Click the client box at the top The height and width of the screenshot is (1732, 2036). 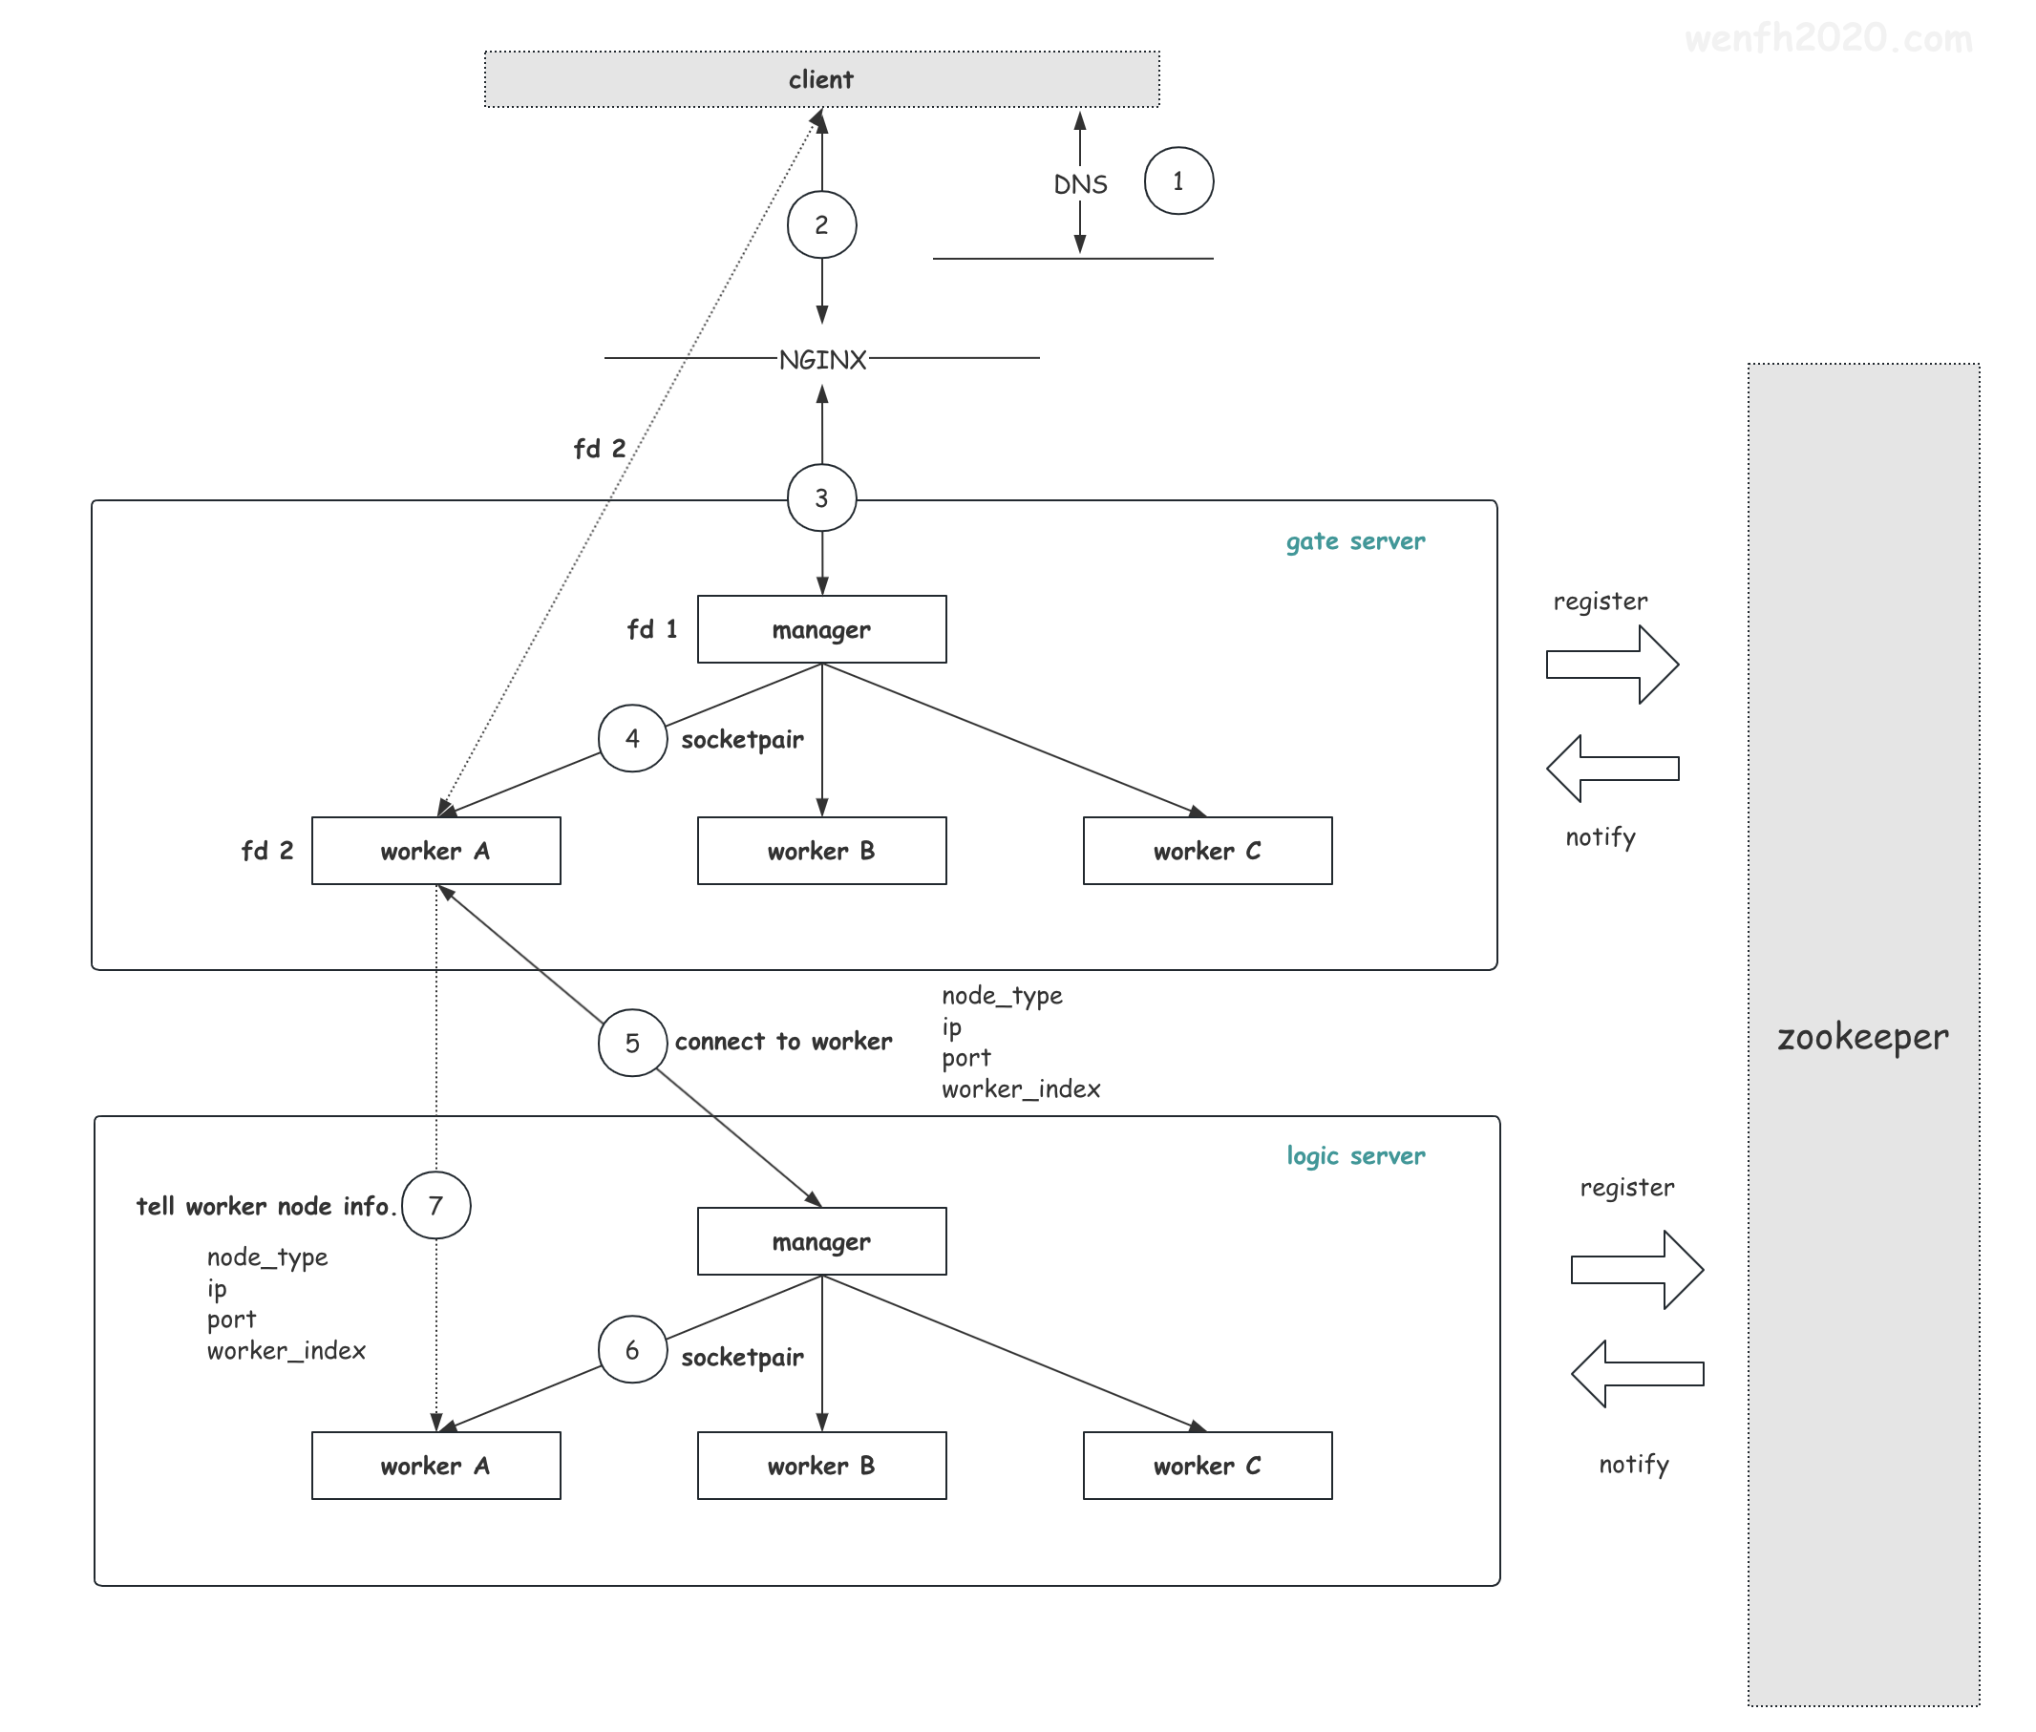pos(821,78)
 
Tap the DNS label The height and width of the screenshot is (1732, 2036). pos(1080,183)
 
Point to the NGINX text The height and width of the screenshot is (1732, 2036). pos(822,359)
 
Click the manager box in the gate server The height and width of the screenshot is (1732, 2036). pos(821,628)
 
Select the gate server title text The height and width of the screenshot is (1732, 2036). pos(1355,541)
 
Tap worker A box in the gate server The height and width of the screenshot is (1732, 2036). pos(436,851)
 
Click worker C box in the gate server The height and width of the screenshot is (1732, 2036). pos(1207,851)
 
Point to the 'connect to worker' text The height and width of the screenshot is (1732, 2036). pos(783,1041)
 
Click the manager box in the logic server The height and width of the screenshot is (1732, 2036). pos(821,1241)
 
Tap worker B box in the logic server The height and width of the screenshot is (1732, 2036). pos(821,1465)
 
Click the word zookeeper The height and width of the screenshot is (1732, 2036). pos(1862,1037)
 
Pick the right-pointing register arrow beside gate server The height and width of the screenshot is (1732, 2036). pos(1612,665)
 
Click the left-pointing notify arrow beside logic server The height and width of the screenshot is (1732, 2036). pos(1637,1374)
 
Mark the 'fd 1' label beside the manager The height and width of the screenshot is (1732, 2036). pos(652,629)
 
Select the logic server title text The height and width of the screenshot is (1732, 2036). pos(1355,1155)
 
